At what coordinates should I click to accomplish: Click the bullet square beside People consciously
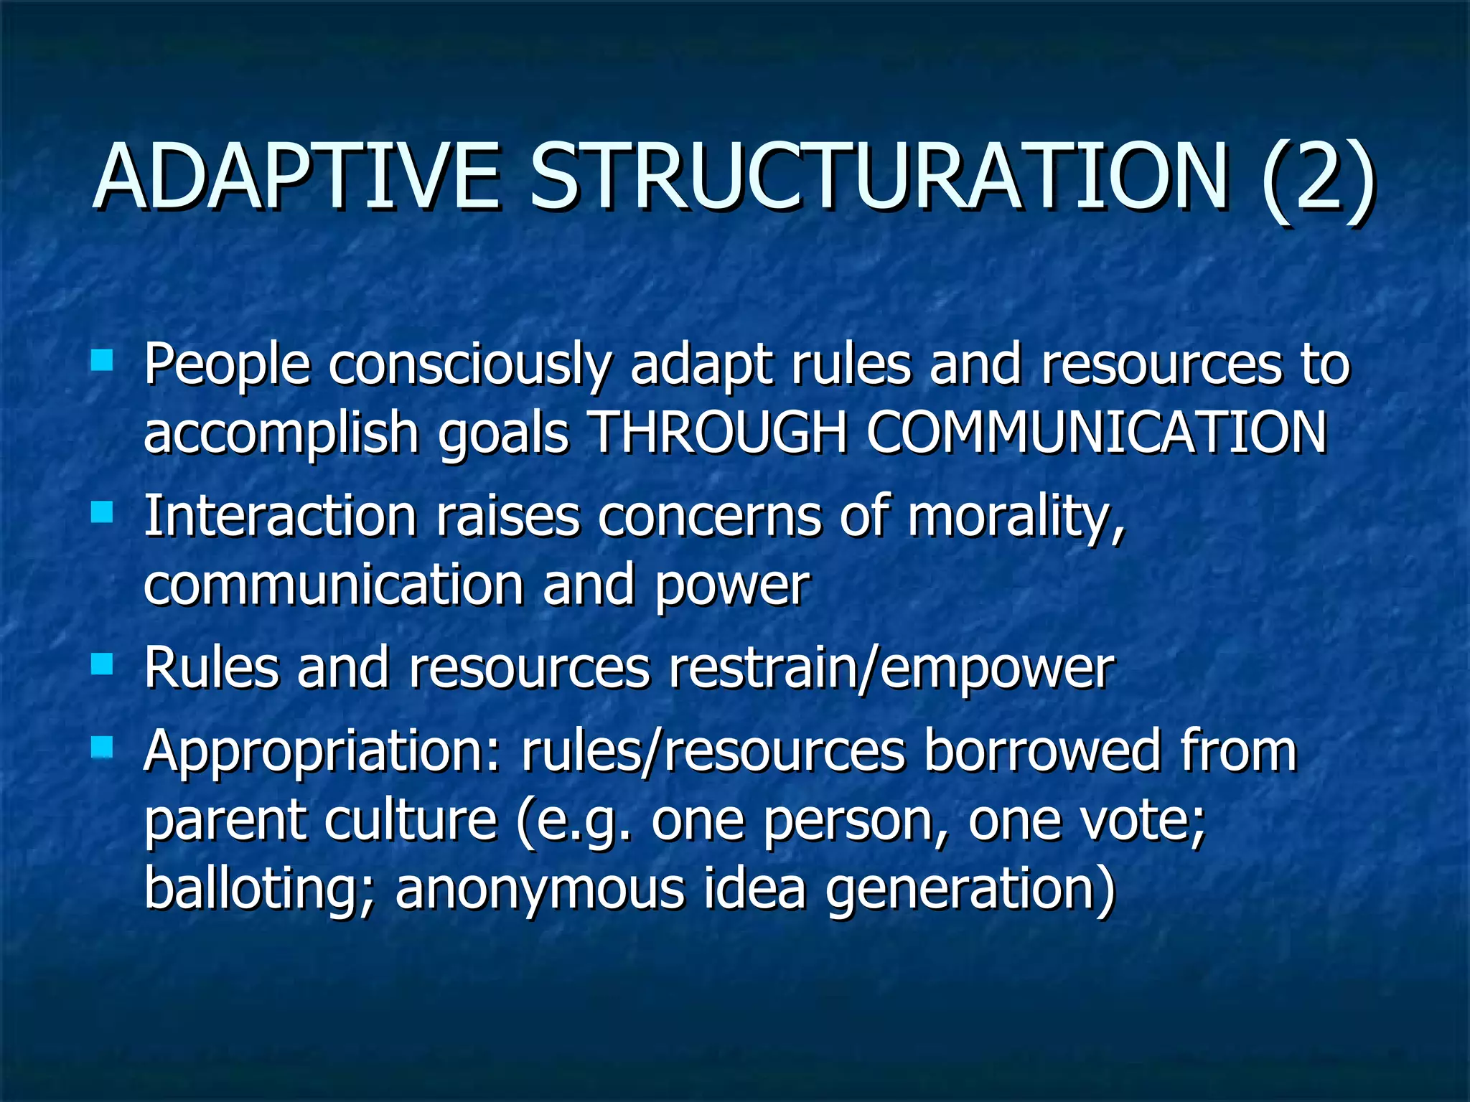[x=103, y=359]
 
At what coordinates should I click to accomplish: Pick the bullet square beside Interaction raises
[x=103, y=512]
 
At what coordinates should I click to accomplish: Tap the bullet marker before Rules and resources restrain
[x=103, y=664]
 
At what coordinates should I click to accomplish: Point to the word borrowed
[x=1041, y=750]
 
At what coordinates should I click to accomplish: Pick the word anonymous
[x=539, y=890]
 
